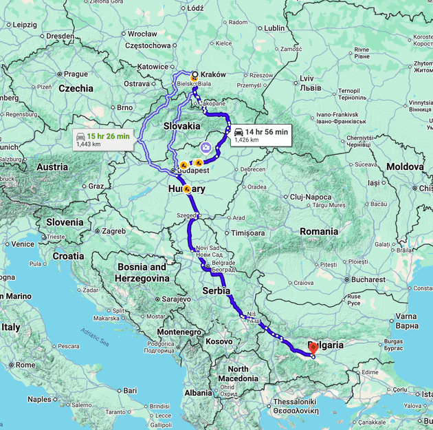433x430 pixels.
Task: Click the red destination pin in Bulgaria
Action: (x=313, y=347)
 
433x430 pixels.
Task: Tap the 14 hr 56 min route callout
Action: (x=260, y=135)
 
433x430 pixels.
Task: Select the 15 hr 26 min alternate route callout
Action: (x=103, y=140)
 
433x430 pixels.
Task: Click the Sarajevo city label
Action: (x=176, y=299)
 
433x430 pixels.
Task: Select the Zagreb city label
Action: (x=113, y=231)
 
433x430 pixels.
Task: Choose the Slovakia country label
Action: (x=182, y=126)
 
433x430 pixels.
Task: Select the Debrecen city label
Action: (x=252, y=169)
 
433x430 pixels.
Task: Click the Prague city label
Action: (x=76, y=74)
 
